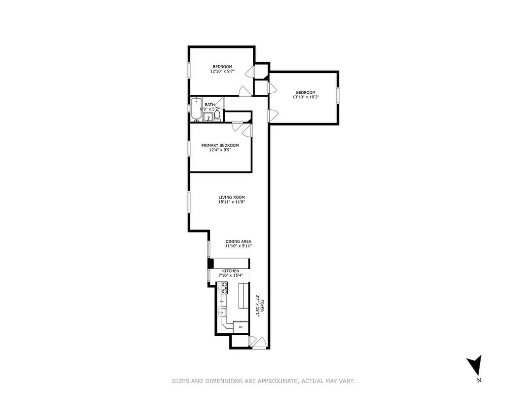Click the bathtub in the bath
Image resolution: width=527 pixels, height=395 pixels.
(196, 109)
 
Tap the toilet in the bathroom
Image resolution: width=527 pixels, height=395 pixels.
(217, 115)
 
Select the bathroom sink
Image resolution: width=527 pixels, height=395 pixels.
(208, 117)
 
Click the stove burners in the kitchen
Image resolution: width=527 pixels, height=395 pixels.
(223, 287)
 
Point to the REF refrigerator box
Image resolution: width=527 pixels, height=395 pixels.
(241, 327)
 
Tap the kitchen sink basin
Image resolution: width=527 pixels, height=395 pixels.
(223, 312)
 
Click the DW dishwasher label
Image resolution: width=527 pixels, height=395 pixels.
(222, 301)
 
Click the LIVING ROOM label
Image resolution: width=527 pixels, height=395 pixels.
(232, 197)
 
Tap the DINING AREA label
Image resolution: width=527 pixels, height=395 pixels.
(239, 241)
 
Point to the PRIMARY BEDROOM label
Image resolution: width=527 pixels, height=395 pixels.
(220, 145)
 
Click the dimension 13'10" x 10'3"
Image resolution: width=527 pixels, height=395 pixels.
(305, 97)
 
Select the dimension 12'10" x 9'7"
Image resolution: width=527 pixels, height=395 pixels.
(222, 72)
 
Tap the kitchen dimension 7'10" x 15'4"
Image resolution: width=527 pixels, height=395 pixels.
(231, 276)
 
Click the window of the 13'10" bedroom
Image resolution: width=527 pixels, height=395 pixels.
(338, 95)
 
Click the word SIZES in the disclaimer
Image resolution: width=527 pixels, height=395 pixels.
(180, 381)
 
